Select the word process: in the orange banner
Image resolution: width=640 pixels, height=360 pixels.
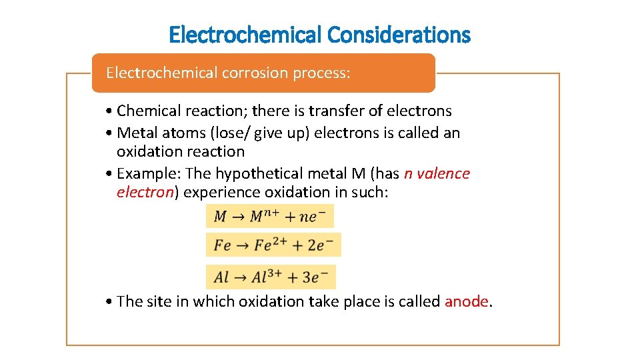coord(321,72)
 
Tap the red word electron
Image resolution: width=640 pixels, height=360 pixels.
coord(145,192)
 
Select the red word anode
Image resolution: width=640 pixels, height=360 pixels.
coord(466,301)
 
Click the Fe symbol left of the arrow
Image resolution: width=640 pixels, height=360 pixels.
coord(222,245)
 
